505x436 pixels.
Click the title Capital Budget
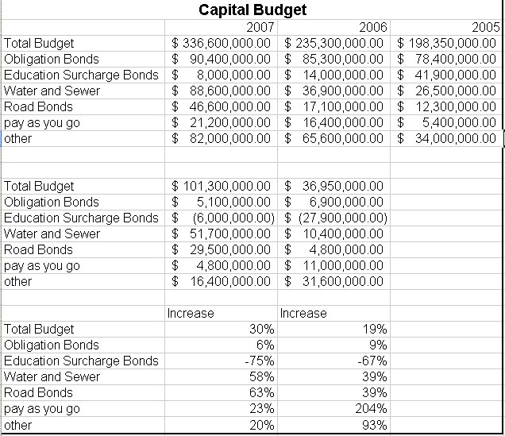click(x=252, y=10)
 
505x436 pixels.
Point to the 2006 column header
click(x=373, y=27)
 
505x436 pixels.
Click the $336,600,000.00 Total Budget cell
click(x=222, y=43)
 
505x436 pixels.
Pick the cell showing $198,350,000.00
click(x=447, y=43)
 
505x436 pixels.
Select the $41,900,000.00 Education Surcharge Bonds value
click(x=447, y=75)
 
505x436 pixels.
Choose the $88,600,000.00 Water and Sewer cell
click(x=222, y=91)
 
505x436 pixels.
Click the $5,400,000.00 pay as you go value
click(x=447, y=122)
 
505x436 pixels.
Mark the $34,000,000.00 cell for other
click(x=447, y=138)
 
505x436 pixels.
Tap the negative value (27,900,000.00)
click(x=335, y=218)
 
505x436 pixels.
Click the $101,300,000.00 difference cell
click(x=222, y=186)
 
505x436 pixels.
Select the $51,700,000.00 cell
click(x=222, y=233)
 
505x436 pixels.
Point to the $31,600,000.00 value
click(x=335, y=281)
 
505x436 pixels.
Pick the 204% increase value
click(x=373, y=408)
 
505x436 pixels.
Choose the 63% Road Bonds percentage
click(x=262, y=392)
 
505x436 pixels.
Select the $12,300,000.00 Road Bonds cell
click(x=447, y=106)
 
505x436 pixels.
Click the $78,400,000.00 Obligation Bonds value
click(x=447, y=59)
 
